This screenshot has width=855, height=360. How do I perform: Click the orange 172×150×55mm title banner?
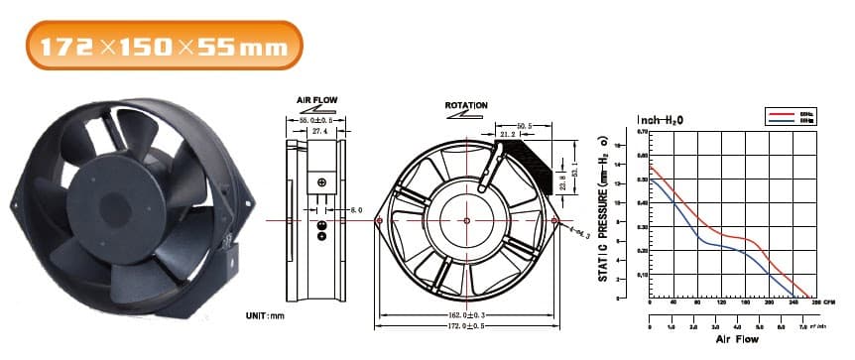click(x=164, y=46)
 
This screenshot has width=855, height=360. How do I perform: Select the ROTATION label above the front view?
click(x=466, y=104)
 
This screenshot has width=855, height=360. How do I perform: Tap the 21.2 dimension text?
click(x=508, y=137)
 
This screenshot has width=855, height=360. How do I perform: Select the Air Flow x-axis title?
click(x=736, y=339)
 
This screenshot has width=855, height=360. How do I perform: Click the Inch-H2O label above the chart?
click(x=659, y=120)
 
